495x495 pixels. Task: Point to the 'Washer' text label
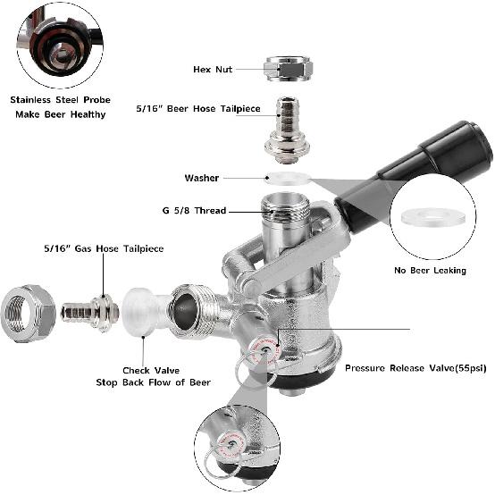point(201,178)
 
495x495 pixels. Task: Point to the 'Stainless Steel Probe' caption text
point(59,100)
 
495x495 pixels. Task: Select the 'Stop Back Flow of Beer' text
point(154,382)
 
